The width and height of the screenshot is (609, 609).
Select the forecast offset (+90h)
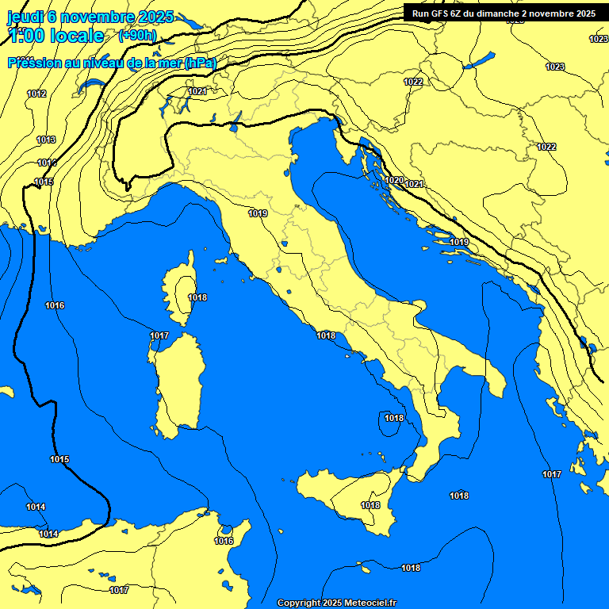click(137, 36)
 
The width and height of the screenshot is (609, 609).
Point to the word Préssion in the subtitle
click(36, 63)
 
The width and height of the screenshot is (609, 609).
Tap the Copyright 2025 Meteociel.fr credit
click(336, 603)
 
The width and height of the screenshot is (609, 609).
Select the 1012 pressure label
click(36, 94)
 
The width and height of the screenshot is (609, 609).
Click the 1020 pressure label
click(394, 180)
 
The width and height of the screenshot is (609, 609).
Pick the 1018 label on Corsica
click(197, 297)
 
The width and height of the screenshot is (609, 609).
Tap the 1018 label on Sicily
click(370, 505)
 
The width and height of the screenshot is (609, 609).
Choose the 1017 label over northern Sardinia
click(159, 336)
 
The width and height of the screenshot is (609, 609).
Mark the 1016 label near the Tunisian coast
click(224, 541)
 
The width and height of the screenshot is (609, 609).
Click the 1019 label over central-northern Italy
click(258, 213)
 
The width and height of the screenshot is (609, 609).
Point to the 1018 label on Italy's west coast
click(326, 335)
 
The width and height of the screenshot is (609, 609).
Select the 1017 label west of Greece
click(552, 474)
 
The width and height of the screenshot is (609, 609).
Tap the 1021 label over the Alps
click(197, 91)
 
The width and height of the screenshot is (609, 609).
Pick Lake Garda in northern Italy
click(236, 121)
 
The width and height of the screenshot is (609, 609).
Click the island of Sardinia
click(178, 385)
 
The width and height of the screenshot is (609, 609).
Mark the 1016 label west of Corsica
click(55, 305)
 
